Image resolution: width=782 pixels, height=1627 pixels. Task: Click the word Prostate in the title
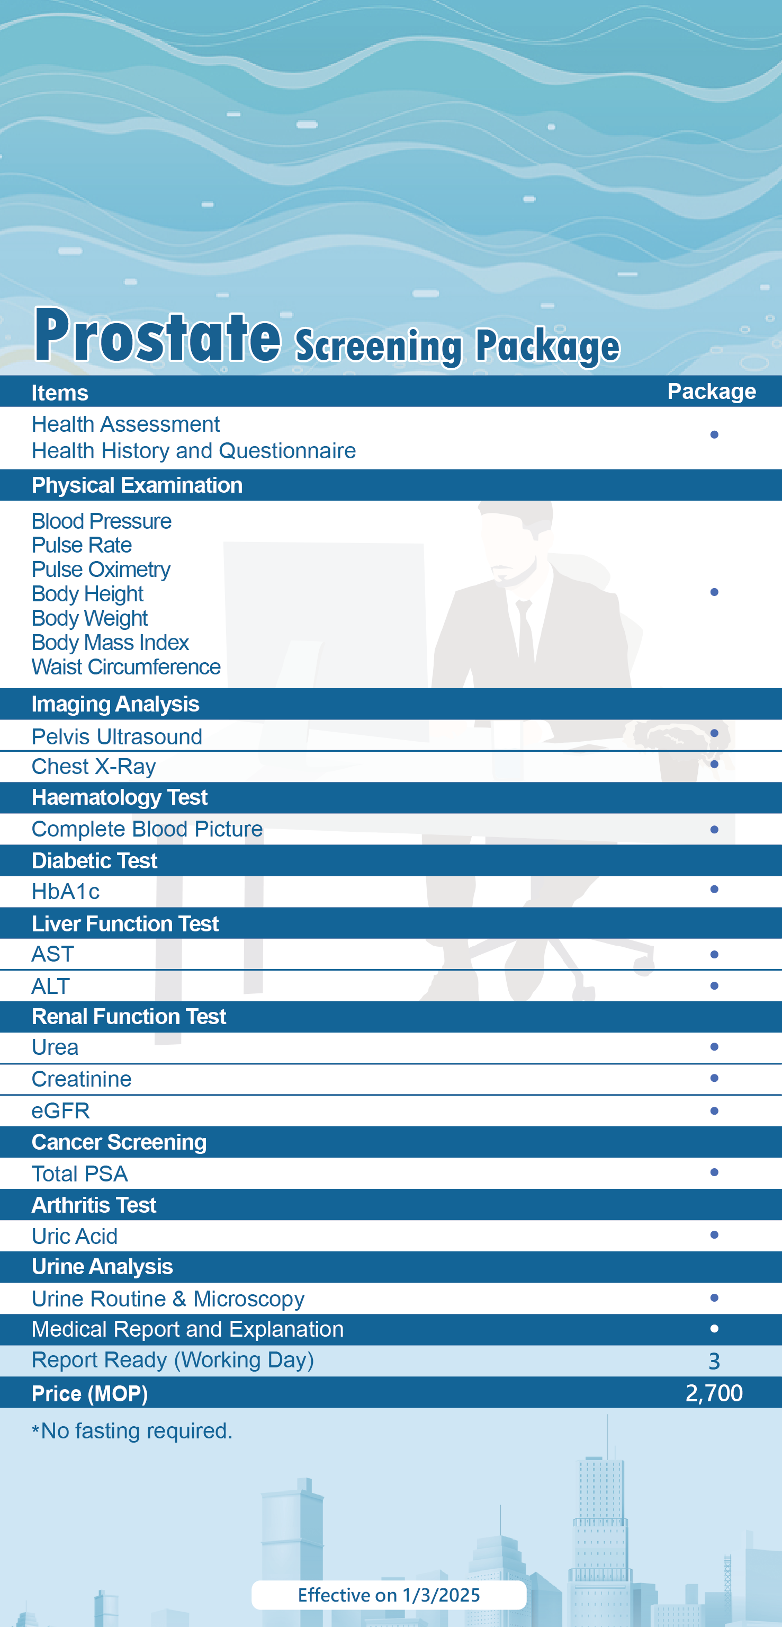point(158,336)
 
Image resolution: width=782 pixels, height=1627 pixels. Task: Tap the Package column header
point(711,392)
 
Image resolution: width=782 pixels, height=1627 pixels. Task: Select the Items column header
point(60,393)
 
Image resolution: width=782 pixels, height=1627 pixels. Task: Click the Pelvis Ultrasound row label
point(117,736)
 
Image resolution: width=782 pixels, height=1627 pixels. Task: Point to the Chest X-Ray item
point(93,767)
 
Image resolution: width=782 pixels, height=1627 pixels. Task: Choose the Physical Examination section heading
point(137,485)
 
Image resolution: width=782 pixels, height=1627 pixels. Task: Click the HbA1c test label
point(66,892)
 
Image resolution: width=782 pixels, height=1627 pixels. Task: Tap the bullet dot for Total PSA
point(714,1172)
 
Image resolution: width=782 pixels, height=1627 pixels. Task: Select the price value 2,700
point(714,1393)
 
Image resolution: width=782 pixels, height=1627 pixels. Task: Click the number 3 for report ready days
point(714,1361)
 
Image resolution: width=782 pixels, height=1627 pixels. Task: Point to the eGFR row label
point(60,1111)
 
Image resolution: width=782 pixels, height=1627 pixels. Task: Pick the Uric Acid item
point(75,1236)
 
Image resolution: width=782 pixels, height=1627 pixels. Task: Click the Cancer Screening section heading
point(119,1142)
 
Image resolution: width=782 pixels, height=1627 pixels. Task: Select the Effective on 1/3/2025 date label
point(389,1595)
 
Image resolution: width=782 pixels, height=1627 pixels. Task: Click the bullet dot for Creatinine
point(714,1078)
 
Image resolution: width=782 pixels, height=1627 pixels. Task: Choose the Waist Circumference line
point(126,667)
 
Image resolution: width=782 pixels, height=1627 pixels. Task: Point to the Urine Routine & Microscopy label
point(168,1299)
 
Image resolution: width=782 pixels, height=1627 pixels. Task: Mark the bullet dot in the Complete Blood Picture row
point(714,829)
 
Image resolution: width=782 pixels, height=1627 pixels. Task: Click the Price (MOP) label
point(89,1394)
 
